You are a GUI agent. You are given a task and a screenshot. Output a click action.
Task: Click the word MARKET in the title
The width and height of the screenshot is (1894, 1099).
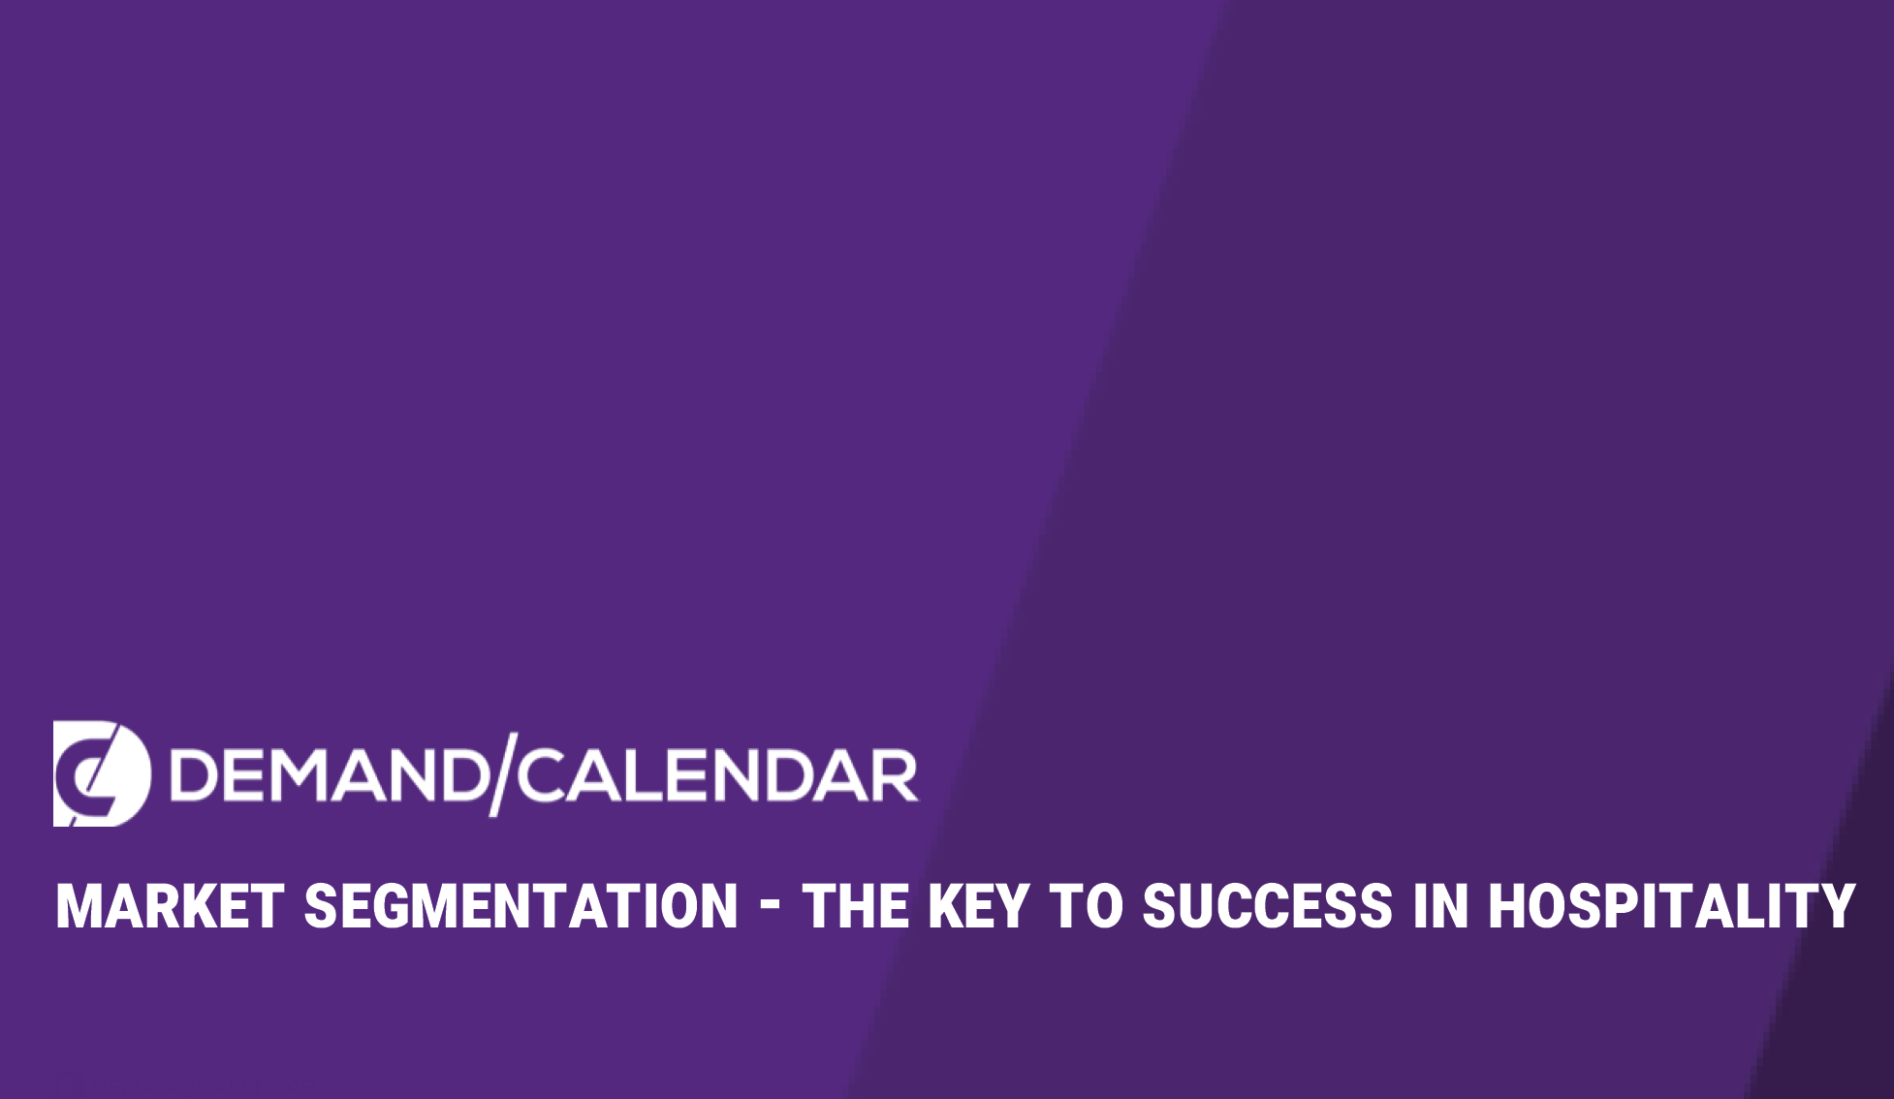point(170,907)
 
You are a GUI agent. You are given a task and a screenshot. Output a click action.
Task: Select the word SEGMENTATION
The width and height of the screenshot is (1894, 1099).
point(521,907)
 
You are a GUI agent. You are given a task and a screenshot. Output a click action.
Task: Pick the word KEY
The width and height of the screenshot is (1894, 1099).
point(978,907)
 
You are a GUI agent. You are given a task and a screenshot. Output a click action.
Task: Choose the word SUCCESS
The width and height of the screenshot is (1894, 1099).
point(1267,907)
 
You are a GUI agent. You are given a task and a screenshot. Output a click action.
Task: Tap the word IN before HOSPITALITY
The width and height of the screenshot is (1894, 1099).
point(1439,907)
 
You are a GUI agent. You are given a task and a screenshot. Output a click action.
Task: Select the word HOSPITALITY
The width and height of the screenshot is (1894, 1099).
point(1672,907)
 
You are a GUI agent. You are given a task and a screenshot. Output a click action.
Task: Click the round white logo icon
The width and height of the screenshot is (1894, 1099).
point(102,773)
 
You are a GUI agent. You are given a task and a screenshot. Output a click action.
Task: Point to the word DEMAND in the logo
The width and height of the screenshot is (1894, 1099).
point(329,775)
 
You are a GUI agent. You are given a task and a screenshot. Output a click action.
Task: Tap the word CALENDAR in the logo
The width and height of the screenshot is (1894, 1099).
point(717,775)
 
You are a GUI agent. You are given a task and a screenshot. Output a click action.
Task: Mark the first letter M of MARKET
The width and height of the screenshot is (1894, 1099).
point(78,907)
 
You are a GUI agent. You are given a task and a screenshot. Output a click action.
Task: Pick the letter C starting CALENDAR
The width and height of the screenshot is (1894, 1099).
point(544,775)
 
